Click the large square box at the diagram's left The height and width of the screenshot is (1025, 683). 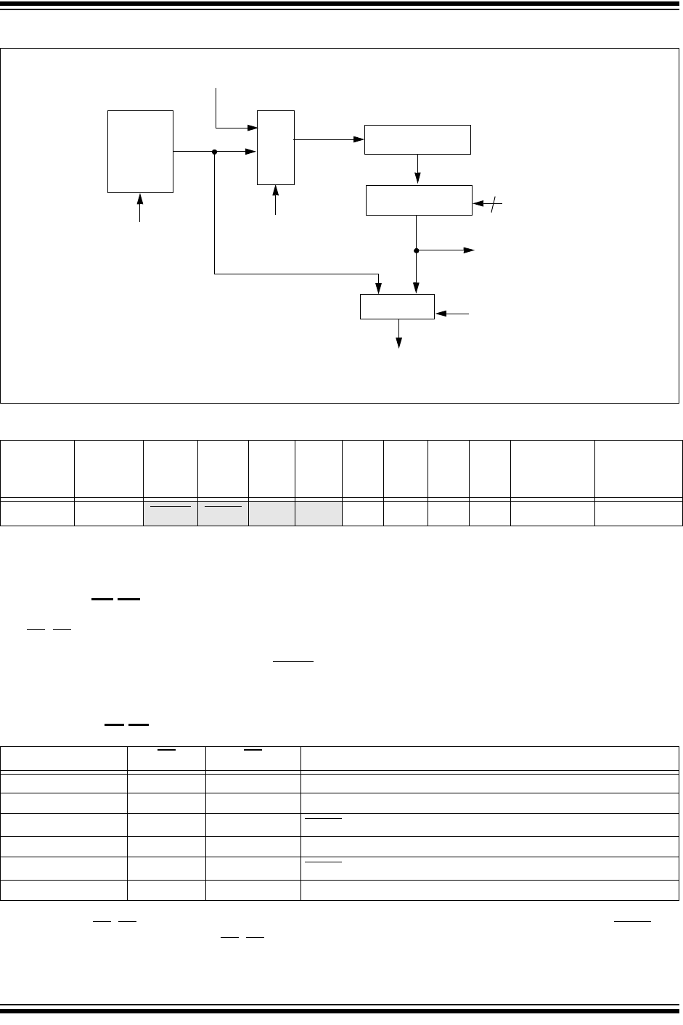tap(140, 151)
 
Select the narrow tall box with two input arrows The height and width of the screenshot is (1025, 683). tap(276, 147)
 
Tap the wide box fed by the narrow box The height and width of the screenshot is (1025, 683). tap(417, 139)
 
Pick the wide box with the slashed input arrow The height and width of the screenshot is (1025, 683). tap(418, 200)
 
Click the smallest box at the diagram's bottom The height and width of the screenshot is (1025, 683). tap(397, 306)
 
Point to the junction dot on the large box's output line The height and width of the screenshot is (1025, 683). tap(215, 152)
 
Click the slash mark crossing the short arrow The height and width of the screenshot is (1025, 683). tap(494, 205)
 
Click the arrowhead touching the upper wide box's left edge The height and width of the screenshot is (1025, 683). tap(359, 139)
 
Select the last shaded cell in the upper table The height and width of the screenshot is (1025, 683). tap(318, 512)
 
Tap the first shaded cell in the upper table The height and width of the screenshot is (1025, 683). tap(170, 512)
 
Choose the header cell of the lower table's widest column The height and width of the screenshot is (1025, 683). tap(490, 755)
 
